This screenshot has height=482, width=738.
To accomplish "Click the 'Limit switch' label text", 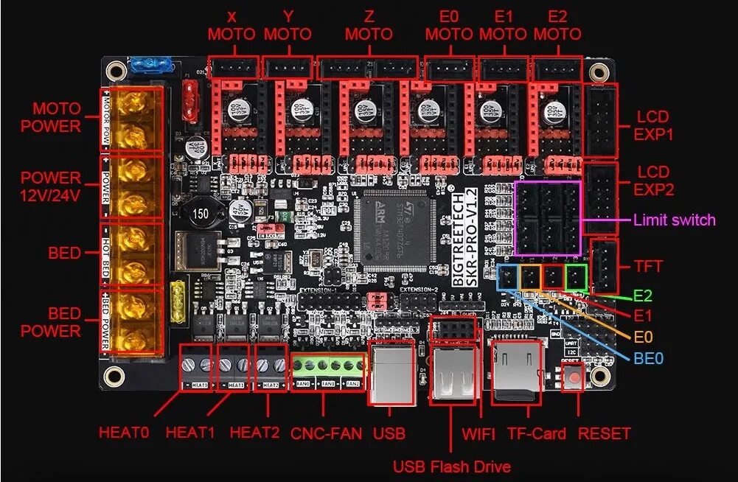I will click(674, 220).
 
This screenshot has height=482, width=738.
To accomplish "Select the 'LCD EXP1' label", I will click(653, 126).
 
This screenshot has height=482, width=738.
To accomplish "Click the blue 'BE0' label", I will click(649, 359).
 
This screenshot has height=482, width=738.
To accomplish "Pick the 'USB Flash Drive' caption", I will click(451, 466).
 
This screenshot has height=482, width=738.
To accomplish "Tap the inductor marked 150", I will click(200, 214).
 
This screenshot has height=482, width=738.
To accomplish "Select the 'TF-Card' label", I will click(536, 433).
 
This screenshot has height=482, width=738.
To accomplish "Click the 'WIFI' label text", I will click(479, 433).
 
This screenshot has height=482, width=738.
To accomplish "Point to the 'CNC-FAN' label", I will click(327, 433).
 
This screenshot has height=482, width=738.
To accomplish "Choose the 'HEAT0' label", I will click(124, 433).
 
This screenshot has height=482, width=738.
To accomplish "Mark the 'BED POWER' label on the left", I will click(51, 323).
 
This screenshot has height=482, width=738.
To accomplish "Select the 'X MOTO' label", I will click(232, 26).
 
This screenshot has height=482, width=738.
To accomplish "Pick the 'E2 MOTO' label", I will click(557, 26).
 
